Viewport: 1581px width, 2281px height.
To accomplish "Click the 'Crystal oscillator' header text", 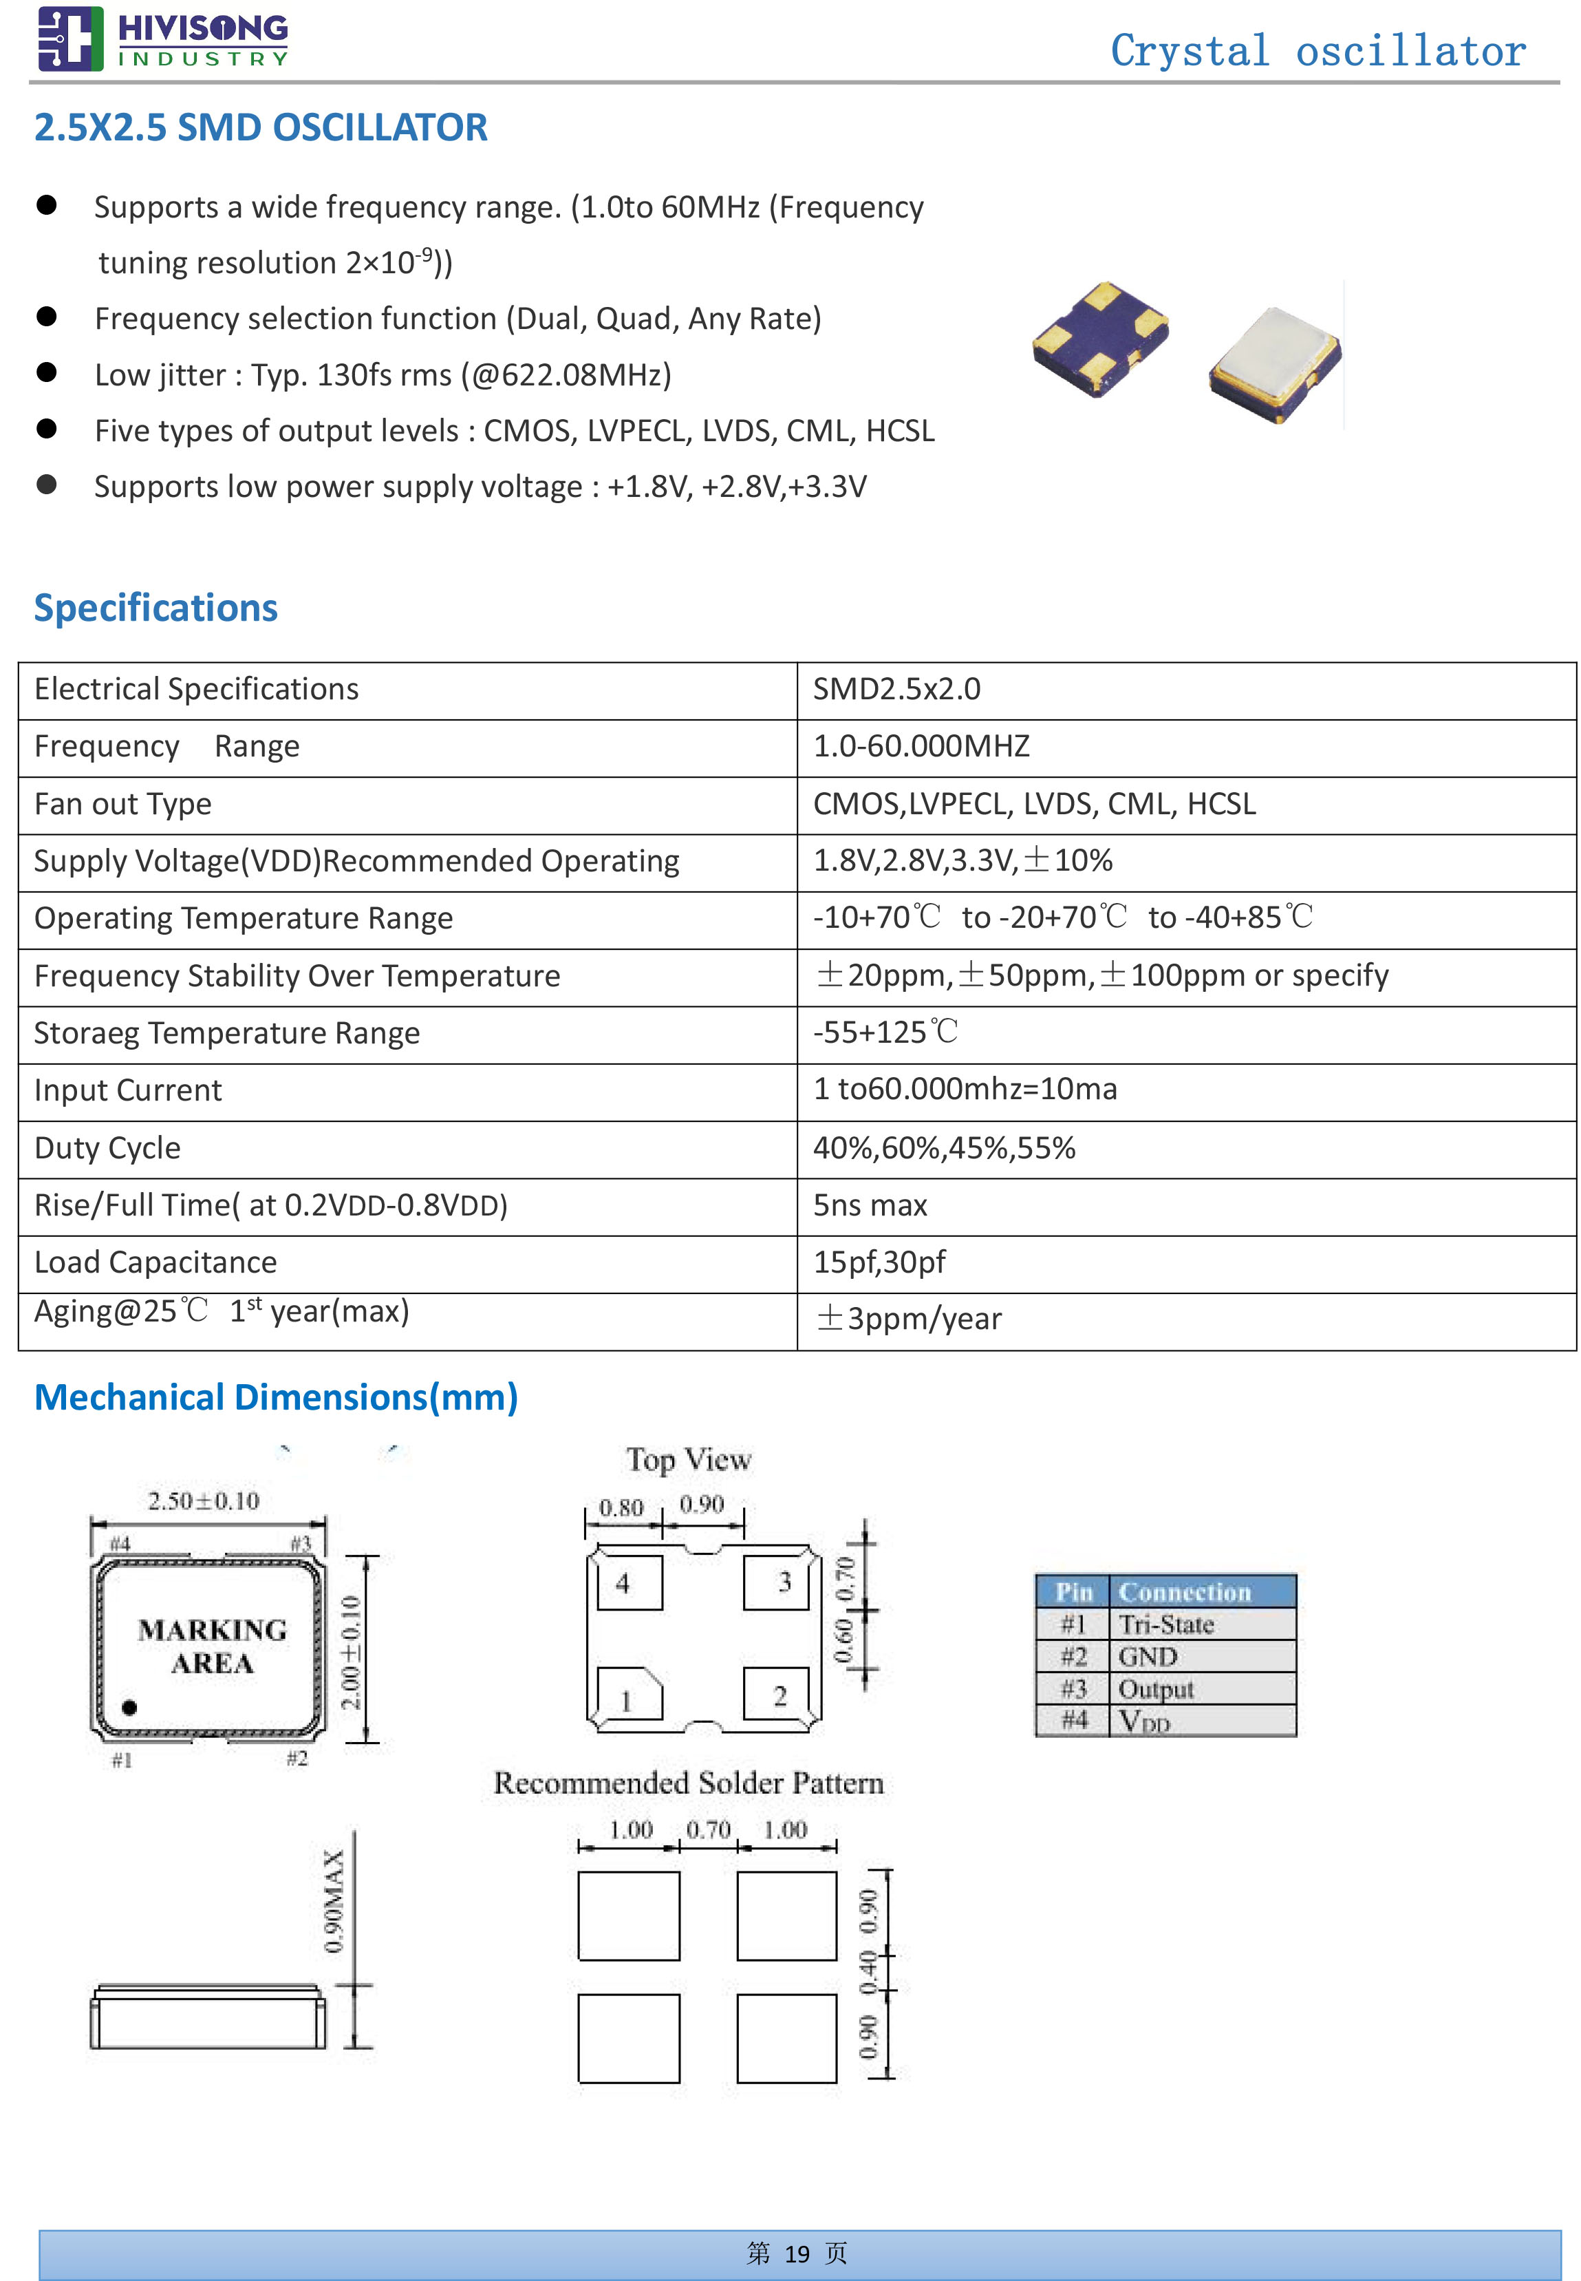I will point(1317,52).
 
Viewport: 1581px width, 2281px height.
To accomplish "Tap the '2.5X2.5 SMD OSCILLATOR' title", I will point(261,128).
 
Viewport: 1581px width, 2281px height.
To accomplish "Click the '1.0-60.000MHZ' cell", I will point(921,746).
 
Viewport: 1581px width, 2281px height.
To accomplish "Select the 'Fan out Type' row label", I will point(123,804).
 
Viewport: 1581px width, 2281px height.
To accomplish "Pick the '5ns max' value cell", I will point(870,1205).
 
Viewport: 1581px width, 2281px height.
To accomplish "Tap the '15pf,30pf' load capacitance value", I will point(879,1262).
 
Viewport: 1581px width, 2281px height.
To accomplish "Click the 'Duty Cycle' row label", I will point(107,1147).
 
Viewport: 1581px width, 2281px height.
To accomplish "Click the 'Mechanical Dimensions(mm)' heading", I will point(275,1397).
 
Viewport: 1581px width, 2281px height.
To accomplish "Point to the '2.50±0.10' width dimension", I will point(203,1501).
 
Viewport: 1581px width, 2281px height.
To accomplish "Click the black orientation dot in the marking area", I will point(129,1706).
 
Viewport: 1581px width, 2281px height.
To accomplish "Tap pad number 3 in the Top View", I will point(784,1582).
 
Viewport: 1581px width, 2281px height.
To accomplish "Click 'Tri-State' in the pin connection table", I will point(1166,1625).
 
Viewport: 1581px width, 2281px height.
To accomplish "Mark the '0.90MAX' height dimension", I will point(335,1900).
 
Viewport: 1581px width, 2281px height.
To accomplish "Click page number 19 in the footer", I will point(797,2254).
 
